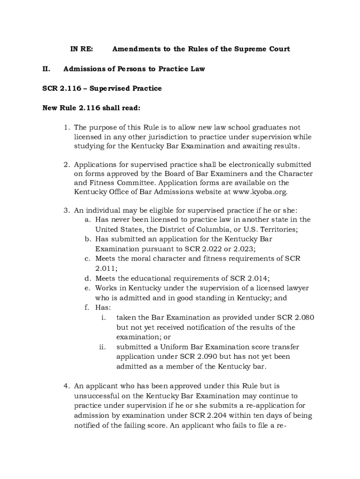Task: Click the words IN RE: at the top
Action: click(81, 49)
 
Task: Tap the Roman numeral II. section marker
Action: click(46, 69)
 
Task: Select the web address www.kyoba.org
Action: click(260, 192)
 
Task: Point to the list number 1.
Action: click(66, 127)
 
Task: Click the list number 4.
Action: click(66, 386)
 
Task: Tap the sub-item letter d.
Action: click(87, 278)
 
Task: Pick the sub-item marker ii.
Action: click(103, 347)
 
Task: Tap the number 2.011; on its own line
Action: click(106, 269)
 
